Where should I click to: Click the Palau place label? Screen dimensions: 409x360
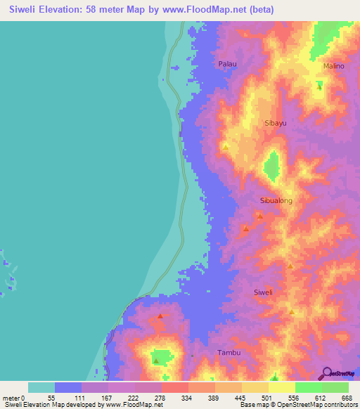click(227, 64)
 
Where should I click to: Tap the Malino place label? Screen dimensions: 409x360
click(333, 66)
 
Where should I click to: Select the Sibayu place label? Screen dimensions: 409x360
click(275, 122)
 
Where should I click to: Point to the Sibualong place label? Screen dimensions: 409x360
click(276, 200)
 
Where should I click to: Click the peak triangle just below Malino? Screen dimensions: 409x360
click(319, 84)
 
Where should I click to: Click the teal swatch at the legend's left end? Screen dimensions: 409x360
click(41, 387)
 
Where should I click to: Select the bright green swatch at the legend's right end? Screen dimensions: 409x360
click(335, 387)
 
